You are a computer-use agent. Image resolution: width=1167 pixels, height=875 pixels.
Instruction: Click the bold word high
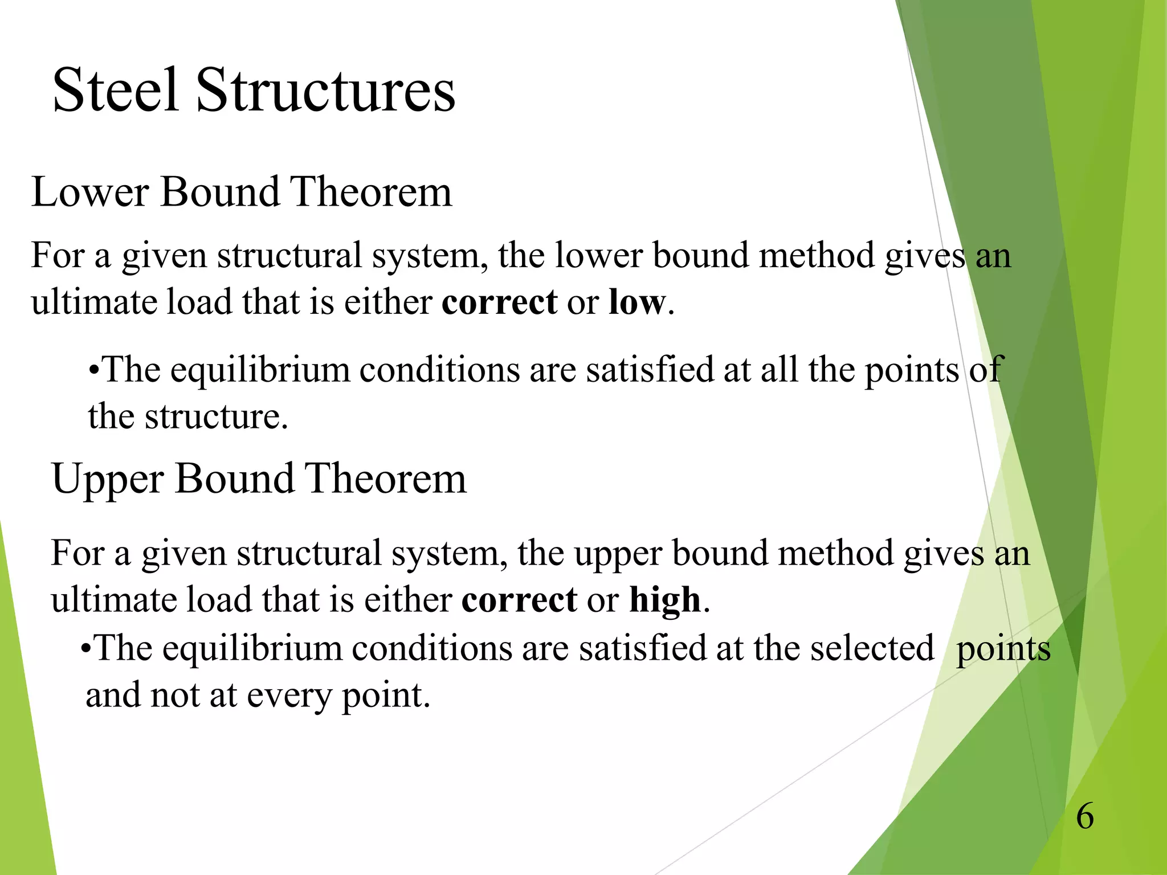pos(664,600)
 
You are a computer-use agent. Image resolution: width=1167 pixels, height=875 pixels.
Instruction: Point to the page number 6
pos(1085,816)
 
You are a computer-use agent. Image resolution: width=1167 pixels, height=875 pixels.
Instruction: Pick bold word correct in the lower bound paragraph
pos(499,302)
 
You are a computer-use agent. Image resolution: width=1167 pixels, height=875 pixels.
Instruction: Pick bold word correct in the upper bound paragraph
pos(519,600)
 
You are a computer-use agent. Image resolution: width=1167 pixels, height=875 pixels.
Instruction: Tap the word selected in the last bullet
pos(872,648)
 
